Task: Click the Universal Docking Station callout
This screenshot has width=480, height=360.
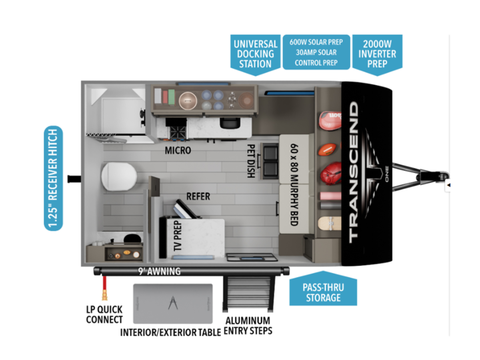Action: click(x=255, y=54)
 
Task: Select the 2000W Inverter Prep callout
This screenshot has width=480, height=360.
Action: click(x=377, y=54)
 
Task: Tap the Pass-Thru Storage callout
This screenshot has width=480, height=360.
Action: click(x=323, y=292)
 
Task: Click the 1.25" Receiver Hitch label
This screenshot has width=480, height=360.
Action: click(x=53, y=178)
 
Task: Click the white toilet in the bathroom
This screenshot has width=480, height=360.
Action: click(x=119, y=176)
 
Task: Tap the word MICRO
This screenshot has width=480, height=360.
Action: click(x=178, y=150)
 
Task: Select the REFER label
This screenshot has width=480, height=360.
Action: click(x=198, y=196)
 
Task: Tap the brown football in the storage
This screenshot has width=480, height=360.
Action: click(x=328, y=150)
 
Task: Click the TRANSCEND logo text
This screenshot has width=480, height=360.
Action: click(x=354, y=172)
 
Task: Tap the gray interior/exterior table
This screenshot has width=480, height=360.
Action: click(x=172, y=303)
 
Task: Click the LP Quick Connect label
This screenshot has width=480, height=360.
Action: click(x=104, y=314)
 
